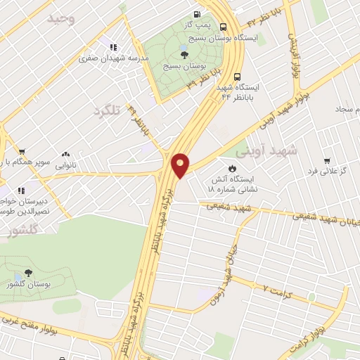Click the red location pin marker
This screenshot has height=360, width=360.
[181, 165]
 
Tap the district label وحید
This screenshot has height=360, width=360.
[60, 19]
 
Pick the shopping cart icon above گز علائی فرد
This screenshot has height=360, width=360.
[326, 160]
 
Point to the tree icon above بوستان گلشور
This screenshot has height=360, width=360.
[28, 273]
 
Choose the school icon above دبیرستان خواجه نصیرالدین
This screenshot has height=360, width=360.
[21, 190]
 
